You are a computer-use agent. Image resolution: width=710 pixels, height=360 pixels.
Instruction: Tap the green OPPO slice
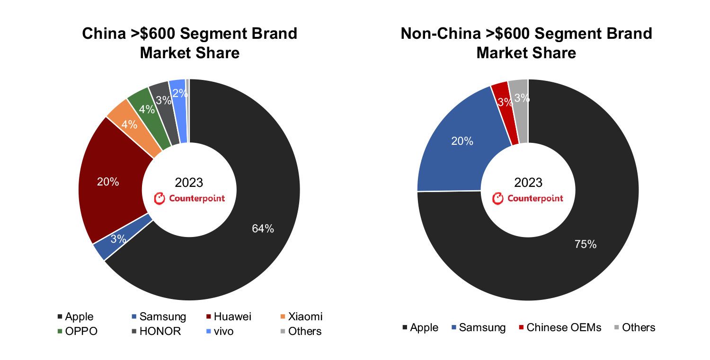(147, 110)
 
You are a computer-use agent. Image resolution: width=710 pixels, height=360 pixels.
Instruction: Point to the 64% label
(263, 228)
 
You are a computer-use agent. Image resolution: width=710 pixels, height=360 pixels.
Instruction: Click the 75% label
(585, 244)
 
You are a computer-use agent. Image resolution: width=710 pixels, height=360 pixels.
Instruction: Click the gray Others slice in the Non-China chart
(521, 99)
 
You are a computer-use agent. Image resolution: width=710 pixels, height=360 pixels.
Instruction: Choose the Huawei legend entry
(232, 316)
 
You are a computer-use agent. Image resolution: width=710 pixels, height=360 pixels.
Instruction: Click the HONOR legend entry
(158, 331)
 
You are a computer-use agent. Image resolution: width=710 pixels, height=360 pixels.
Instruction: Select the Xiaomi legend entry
(304, 316)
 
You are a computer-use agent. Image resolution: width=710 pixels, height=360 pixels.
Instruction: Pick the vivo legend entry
(223, 331)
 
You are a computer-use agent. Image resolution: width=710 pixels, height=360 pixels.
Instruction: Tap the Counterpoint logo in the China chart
(190, 199)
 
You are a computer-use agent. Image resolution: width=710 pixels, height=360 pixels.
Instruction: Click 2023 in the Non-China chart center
(528, 183)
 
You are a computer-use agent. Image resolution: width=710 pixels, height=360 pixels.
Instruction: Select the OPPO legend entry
(81, 331)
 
